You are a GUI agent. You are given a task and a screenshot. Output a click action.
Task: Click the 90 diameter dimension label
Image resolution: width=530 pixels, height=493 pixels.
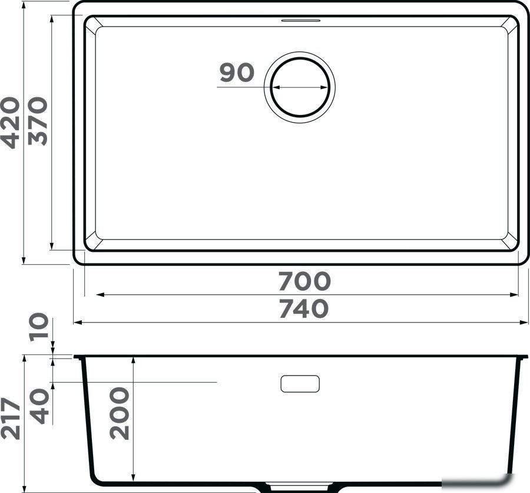click(237, 73)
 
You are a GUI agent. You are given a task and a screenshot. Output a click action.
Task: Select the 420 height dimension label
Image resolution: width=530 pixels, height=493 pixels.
click(9, 123)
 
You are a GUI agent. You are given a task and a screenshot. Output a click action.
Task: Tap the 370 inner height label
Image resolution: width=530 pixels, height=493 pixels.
click(37, 121)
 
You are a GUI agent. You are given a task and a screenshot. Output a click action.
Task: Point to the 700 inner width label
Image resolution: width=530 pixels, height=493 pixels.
click(304, 281)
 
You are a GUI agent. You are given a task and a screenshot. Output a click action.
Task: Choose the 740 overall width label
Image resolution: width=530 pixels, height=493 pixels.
click(303, 308)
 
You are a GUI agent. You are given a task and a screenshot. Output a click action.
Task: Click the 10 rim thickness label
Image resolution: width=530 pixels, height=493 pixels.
click(39, 327)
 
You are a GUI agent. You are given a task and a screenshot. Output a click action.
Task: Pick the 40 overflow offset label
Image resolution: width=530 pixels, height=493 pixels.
click(39, 406)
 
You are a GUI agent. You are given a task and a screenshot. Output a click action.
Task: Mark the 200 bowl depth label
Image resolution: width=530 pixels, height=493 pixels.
click(120, 413)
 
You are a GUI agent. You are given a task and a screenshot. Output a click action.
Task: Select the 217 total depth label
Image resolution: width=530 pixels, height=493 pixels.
click(10, 419)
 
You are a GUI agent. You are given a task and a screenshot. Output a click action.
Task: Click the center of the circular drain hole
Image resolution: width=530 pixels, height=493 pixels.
click(300, 87)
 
